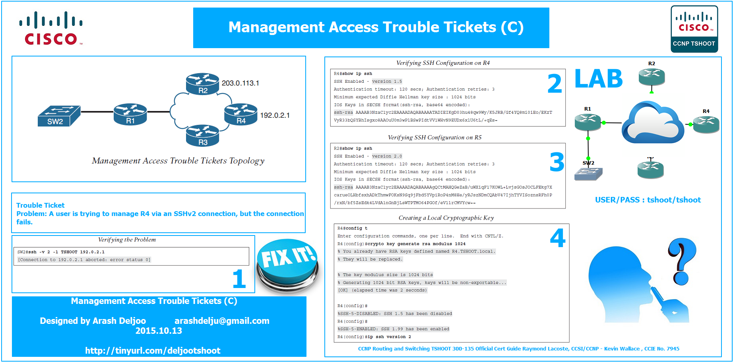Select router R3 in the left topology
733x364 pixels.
click(x=203, y=136)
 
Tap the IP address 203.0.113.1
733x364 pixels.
click(x=240, y=83)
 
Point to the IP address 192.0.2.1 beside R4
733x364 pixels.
click(x=275, y=115)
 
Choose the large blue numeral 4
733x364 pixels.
click(x=558, y=237)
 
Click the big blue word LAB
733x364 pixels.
click(x=599, y=79)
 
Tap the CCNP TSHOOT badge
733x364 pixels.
click(x=694, y=29)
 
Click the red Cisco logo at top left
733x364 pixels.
click(x=51, y=29)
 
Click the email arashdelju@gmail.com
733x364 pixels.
click(x=222, y=321)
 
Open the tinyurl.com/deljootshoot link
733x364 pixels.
click(x=153, y=350)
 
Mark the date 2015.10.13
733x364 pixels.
click(x=159, y=331)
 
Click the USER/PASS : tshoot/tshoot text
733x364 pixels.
click(x=648, y=200)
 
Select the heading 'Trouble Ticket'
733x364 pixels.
click(x=40, y=205)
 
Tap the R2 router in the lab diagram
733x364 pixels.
click(x=652, y=77)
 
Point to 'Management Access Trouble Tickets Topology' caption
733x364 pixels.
click(x=178, y=161)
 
